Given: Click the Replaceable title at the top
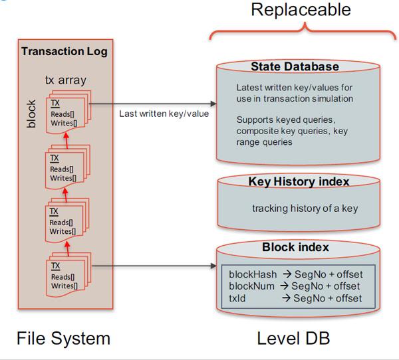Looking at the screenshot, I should [301, 10].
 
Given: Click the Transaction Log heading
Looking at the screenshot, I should [65, 51].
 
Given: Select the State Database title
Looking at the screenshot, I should [295, 67].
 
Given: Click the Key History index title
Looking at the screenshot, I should [298, 181].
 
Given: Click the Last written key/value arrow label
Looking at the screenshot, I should [164, 113].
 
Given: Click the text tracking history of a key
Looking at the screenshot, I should [305, 209].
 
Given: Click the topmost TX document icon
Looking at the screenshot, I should [65, 112].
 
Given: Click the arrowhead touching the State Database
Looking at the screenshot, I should [213, 104].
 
